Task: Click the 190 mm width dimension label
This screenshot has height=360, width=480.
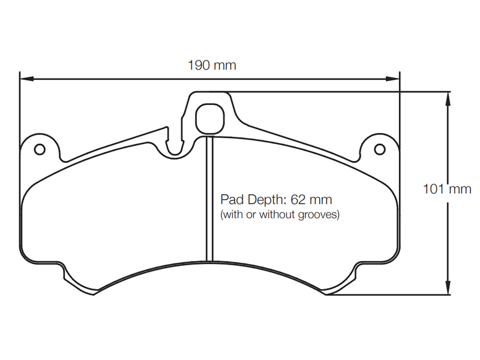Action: click(212, 65)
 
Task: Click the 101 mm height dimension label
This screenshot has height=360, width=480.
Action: click(446, 190)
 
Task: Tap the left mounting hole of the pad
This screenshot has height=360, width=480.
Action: click(40, 149)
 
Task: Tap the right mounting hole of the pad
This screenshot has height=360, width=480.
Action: click(379, 149)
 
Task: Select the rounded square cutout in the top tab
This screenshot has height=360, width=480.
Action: click(209, 118)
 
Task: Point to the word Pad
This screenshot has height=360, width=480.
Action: click(231, 199)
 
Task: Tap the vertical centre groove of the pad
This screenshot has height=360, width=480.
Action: click(209, 198)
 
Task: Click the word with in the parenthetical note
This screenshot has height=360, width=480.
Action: click(232, 214)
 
